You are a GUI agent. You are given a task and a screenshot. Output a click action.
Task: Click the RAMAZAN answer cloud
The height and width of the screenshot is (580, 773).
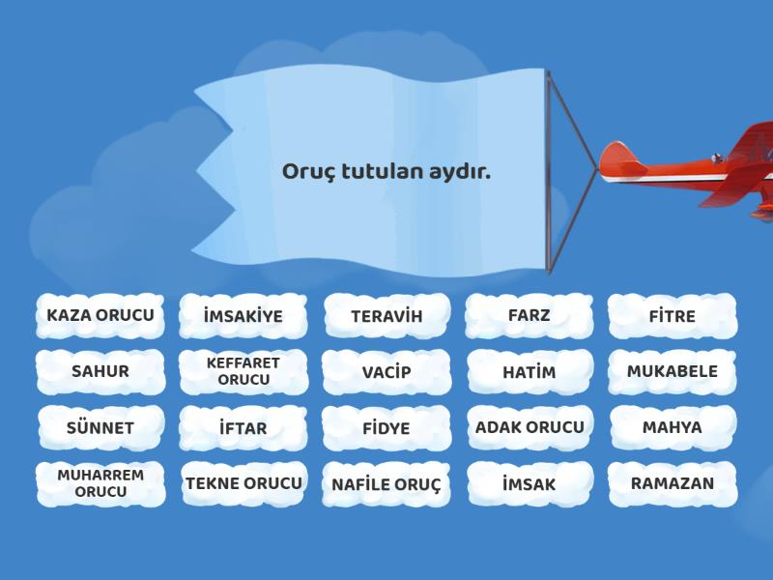[x=673, y=484]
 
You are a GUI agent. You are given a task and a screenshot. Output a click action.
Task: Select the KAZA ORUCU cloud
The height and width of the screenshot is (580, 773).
[x=100, y=316]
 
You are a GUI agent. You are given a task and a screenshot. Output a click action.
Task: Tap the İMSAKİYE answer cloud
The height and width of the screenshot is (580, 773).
[x=243, y=316]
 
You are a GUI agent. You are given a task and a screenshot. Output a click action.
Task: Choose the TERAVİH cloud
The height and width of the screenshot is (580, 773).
[x=387, y=316]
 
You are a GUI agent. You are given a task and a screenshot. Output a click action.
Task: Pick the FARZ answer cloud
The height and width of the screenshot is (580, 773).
[x=529, y=316]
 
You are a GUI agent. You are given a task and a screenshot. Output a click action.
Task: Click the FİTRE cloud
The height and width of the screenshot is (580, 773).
[x=673, y=316]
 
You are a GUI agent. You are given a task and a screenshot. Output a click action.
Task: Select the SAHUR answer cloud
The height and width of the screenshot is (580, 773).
[x=100, y=372]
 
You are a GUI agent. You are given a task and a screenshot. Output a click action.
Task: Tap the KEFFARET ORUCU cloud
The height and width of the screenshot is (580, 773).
[x=243, y=372]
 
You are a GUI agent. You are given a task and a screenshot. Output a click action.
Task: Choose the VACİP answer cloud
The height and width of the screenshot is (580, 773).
[x=386, y=372]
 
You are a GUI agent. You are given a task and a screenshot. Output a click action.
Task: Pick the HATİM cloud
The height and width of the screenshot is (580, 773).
[x=530, y=372]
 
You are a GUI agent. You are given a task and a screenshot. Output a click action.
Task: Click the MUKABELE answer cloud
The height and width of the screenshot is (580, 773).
[x=673, y=372]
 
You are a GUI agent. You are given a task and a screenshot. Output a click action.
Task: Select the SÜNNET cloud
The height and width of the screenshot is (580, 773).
[x=100, y=428]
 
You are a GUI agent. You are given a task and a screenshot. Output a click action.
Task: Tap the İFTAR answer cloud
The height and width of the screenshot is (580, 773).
[x=243, y=428]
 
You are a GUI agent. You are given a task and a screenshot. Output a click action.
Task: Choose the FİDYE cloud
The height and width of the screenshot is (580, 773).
[x=386, y=428]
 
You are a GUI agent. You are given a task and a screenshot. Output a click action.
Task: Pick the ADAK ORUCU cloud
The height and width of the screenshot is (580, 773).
[x=530, y=427]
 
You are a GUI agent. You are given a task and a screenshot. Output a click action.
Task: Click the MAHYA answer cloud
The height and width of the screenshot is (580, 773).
[x=673, y=427]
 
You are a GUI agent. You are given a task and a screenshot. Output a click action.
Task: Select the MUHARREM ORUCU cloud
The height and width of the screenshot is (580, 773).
[x=100, y=484]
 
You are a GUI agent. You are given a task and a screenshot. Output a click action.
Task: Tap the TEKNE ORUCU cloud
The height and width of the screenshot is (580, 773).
[x=244, y=484]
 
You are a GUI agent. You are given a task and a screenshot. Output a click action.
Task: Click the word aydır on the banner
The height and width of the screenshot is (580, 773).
[x=460, y=173]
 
